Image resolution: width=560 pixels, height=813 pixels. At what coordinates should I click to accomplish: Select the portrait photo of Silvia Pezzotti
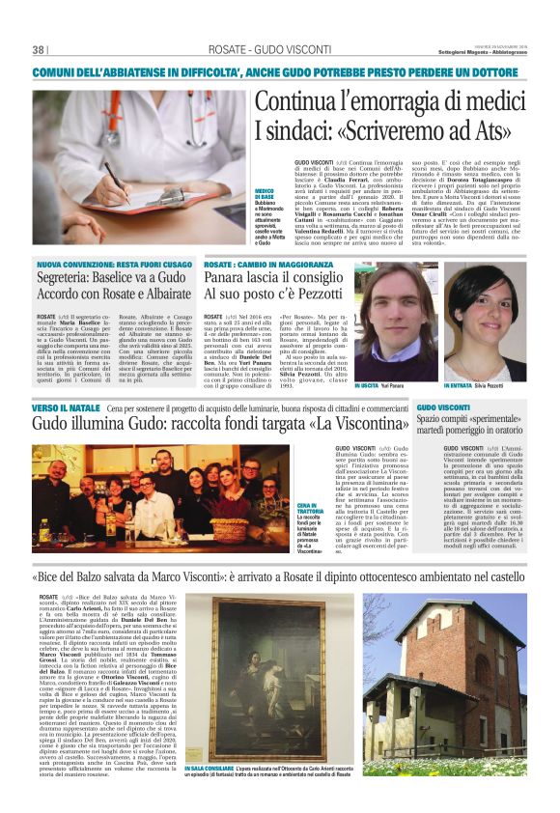pos(484,324)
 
